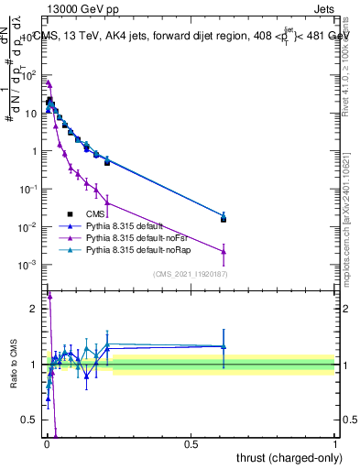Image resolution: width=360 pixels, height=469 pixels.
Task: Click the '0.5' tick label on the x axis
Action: [191, 443]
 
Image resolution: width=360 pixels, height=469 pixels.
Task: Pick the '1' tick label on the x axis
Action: [334, 443]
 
